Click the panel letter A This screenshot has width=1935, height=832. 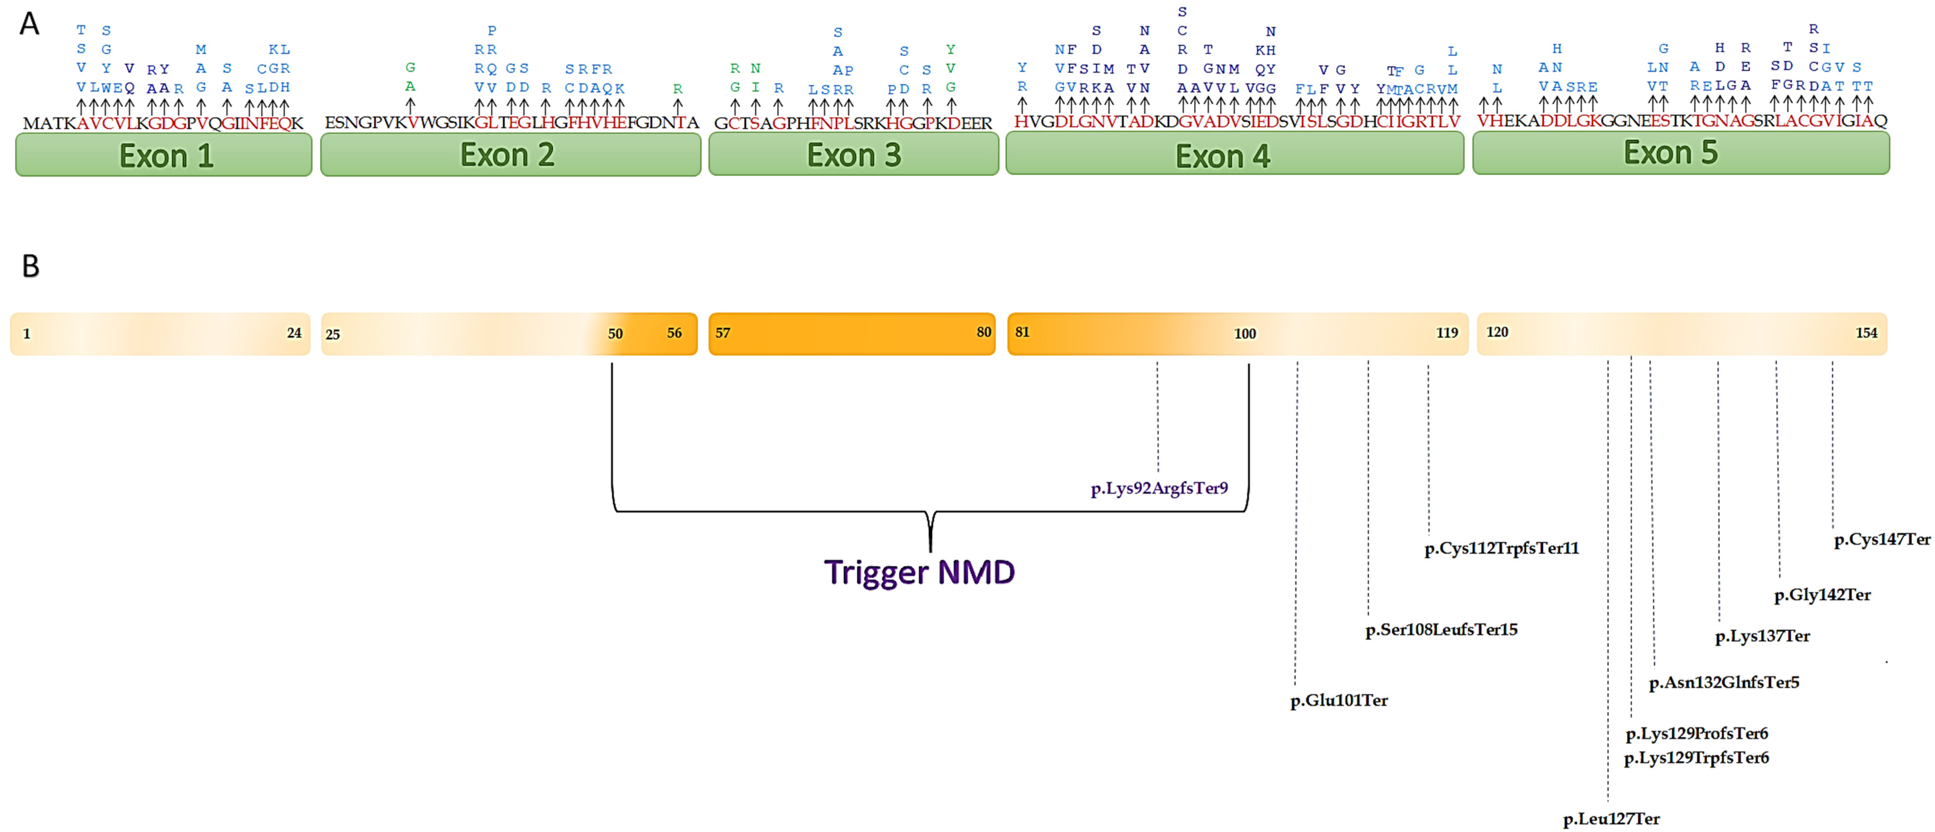tap(29, 24)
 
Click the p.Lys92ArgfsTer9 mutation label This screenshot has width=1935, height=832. tap(1159, 489)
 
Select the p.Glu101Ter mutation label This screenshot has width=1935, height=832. tap(1339, 701)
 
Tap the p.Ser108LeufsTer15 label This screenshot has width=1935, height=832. tap(1441, 630)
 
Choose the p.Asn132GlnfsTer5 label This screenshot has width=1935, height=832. tap(1724, 682)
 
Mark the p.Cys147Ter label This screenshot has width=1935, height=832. tap(1882, 539)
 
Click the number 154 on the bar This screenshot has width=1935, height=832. tap(1866, 333)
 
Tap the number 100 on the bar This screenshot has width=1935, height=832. tap(1245, 334)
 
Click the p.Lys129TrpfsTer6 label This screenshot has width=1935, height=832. tap(1696, 758)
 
